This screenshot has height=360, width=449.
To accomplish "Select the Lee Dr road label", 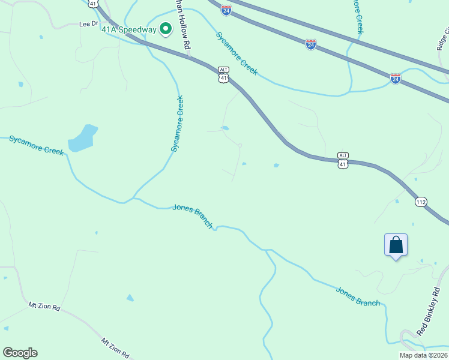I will coord(88,25).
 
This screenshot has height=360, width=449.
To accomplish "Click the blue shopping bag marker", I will coord(396,245).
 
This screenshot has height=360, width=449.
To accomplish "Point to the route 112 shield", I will coord(421,202).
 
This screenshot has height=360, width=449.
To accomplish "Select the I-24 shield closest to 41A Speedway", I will coord(226,10).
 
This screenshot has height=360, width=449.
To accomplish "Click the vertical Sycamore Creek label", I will coord(177,124).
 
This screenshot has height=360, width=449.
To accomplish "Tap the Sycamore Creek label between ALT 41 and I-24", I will coord(237,53).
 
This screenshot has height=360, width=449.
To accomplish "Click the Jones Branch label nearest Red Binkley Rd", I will coord(358,297).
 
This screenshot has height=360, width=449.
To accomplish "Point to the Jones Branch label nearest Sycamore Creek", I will coord(193,216).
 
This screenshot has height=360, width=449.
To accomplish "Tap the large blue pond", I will coord(82,138).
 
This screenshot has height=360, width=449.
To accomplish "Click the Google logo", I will coord(20,353).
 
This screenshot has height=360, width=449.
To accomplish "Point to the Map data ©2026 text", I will coord(423,355).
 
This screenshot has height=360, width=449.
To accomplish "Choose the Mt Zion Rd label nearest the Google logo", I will coord(45,306).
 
